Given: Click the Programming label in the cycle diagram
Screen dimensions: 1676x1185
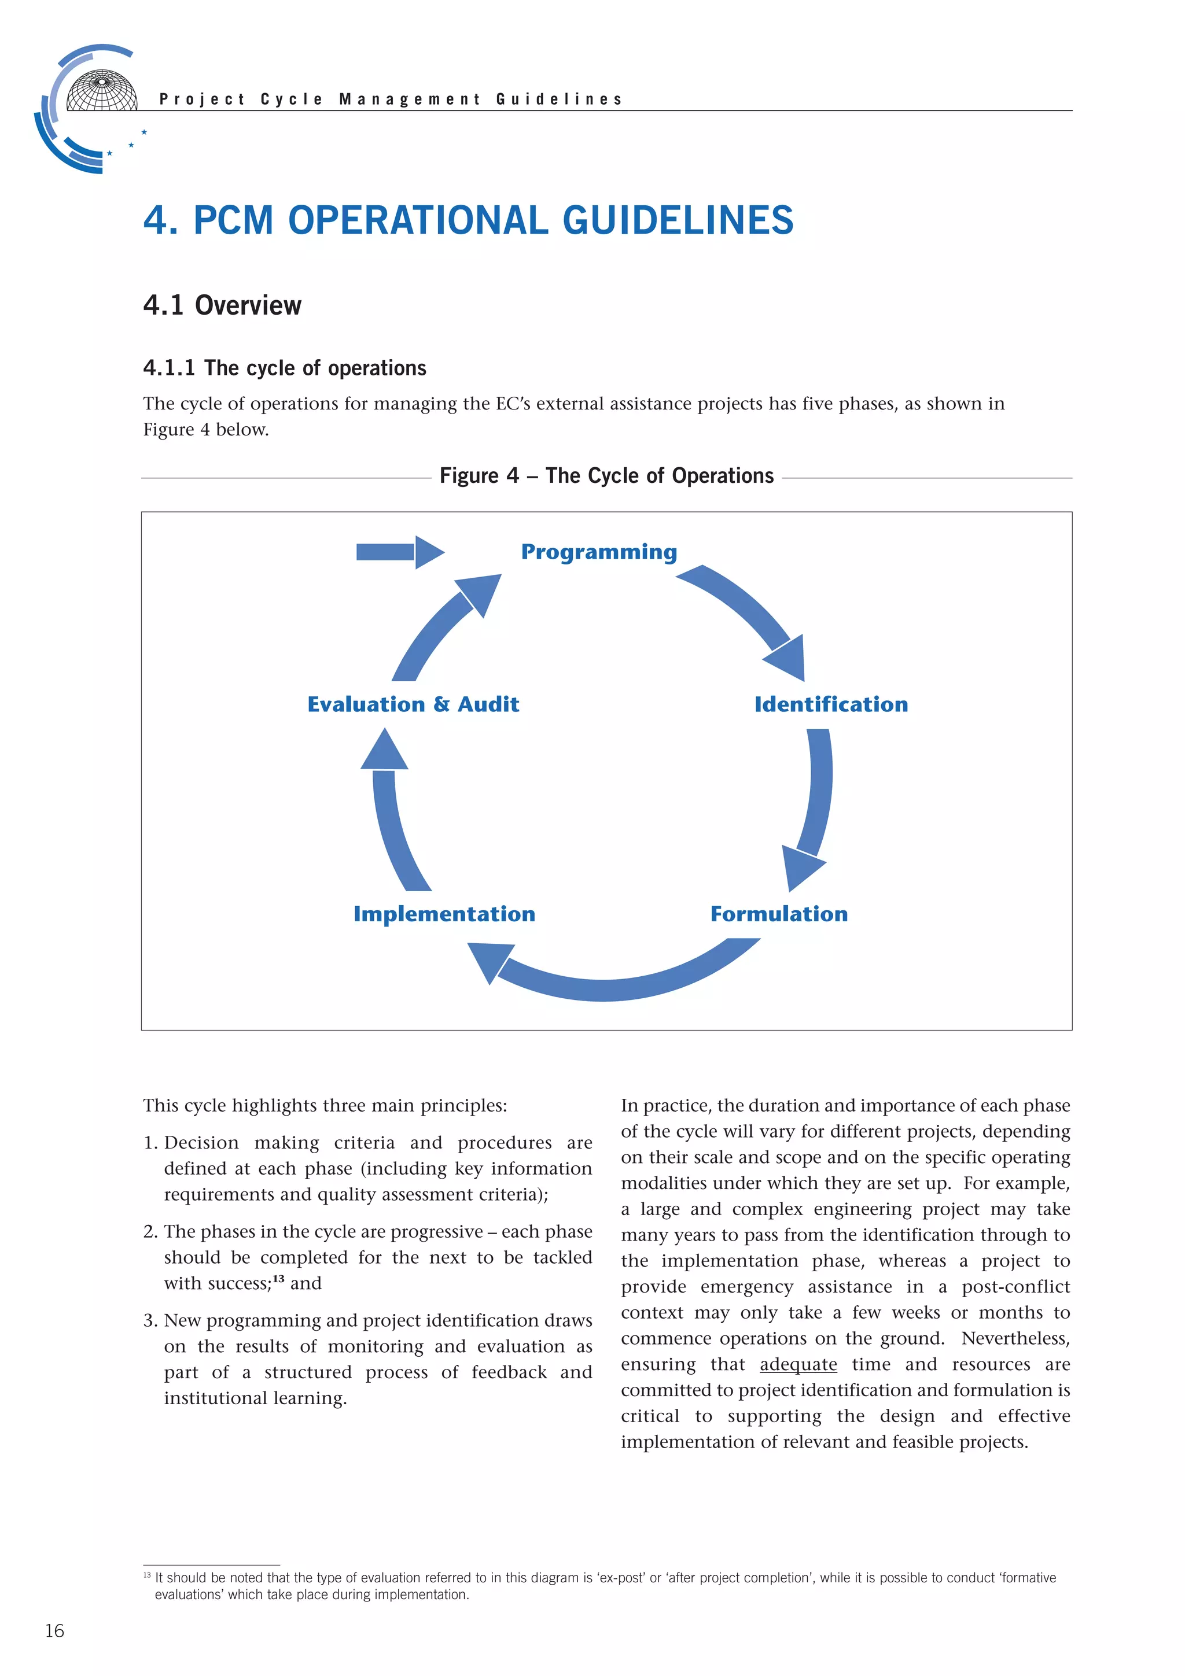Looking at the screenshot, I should pyautogui.click(x=599, y=552).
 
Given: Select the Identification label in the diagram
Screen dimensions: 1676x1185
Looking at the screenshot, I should pyautogui.click(x=831, y=704).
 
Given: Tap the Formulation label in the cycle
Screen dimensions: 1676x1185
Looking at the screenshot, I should pyautogui.click(x=779, y=914).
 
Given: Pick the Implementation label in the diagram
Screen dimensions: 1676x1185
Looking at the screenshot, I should pyautogui.click(x=444, y=914).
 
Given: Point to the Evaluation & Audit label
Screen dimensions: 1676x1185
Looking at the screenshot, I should pyautogui.click(x=413, y=704).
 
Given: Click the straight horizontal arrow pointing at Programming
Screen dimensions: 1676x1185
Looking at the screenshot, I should pyautogui.click(x=399, y=552).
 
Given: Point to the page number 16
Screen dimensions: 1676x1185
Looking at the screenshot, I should pyautogui.click(x=55, y=1631).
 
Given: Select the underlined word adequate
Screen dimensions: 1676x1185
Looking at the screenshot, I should pyautogui.click(x=798, y=1364).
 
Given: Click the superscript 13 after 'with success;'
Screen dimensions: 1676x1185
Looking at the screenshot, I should pyautogui.click(x=278, y=1279).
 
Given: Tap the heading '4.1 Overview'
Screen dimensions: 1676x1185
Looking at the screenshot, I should pyautogui.click(x=222, y=305).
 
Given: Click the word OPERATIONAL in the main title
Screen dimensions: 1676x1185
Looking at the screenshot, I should pyautogui.click(x=418, y=220).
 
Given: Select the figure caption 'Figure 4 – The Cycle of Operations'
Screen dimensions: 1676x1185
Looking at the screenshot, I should pyautogui.click(x=606, y=476).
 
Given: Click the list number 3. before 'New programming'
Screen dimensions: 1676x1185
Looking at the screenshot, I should pyautogui.click(x=150, y=1320).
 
